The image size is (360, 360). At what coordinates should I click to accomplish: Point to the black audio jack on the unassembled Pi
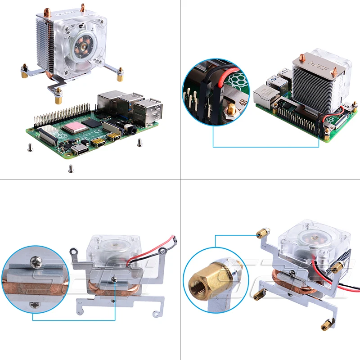132,130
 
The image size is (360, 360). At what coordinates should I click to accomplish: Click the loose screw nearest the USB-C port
70,169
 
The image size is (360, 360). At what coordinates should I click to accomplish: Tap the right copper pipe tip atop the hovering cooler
83,7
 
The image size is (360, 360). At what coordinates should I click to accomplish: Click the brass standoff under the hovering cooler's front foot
58,100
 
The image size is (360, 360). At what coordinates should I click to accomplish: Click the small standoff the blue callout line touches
260,234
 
